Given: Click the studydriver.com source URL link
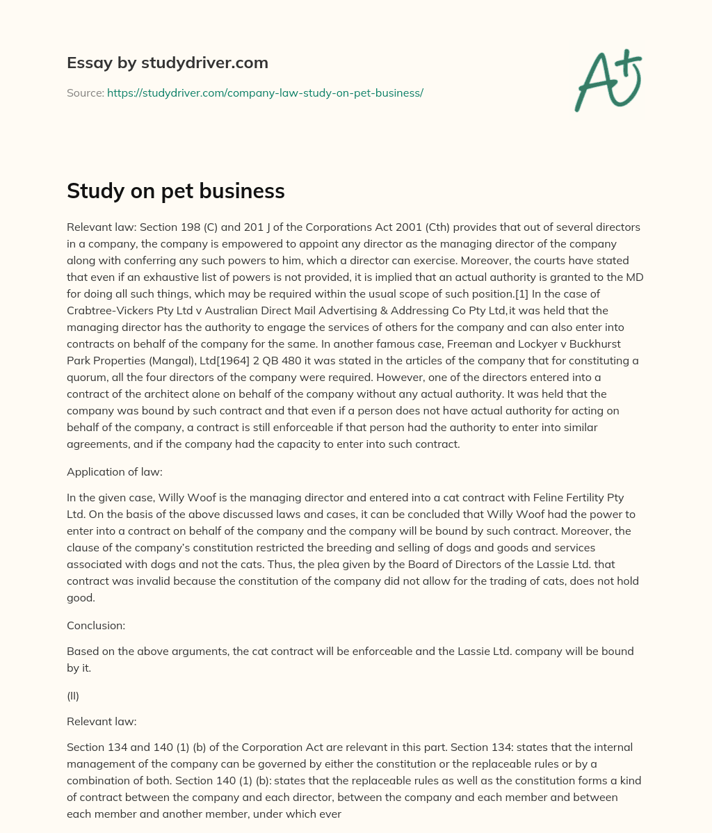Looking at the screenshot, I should point(265,92).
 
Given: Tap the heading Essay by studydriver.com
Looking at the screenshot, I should point(167,63).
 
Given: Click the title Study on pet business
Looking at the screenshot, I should point(175,191).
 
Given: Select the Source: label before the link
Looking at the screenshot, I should point(85,92).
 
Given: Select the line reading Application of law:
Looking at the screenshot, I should point(114,471).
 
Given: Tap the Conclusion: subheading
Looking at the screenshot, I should point(96,625).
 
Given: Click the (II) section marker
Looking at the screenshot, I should point(73,695).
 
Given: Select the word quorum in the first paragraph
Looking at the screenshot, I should point(86,377).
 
